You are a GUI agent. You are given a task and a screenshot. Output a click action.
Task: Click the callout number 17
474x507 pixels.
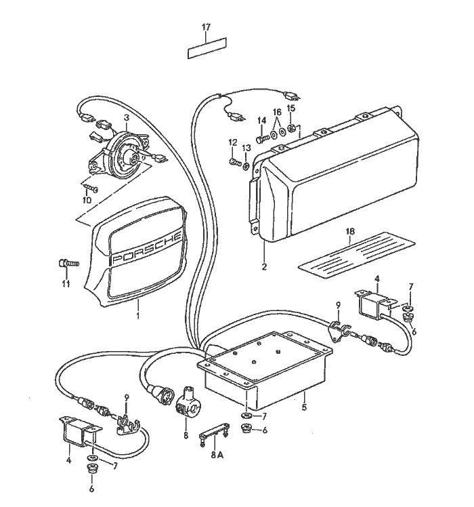click(x=207, y=27)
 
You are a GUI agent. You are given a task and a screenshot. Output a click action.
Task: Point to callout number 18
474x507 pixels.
click(x=350, y=232)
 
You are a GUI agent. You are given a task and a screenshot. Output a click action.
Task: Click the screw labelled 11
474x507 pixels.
click(x=66, y=262)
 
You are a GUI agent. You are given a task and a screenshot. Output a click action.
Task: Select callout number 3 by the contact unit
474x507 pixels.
click(x=126, y=118)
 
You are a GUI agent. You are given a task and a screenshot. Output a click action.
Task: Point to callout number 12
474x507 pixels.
click(x=233, y=142)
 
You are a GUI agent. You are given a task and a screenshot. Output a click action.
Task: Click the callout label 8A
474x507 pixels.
click(x=217, y=456)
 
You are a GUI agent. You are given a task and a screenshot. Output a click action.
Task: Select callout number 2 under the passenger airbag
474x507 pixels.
click(x=264, y=266)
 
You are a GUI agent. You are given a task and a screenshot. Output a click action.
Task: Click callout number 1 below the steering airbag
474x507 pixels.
click(x=139, y=316)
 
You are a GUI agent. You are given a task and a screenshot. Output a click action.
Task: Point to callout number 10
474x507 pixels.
click(x=86, y=200)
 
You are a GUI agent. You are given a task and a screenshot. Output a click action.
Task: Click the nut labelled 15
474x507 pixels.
click(x=291, y=128)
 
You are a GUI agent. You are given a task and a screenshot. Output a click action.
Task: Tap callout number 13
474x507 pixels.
click(x=246, y=148)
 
